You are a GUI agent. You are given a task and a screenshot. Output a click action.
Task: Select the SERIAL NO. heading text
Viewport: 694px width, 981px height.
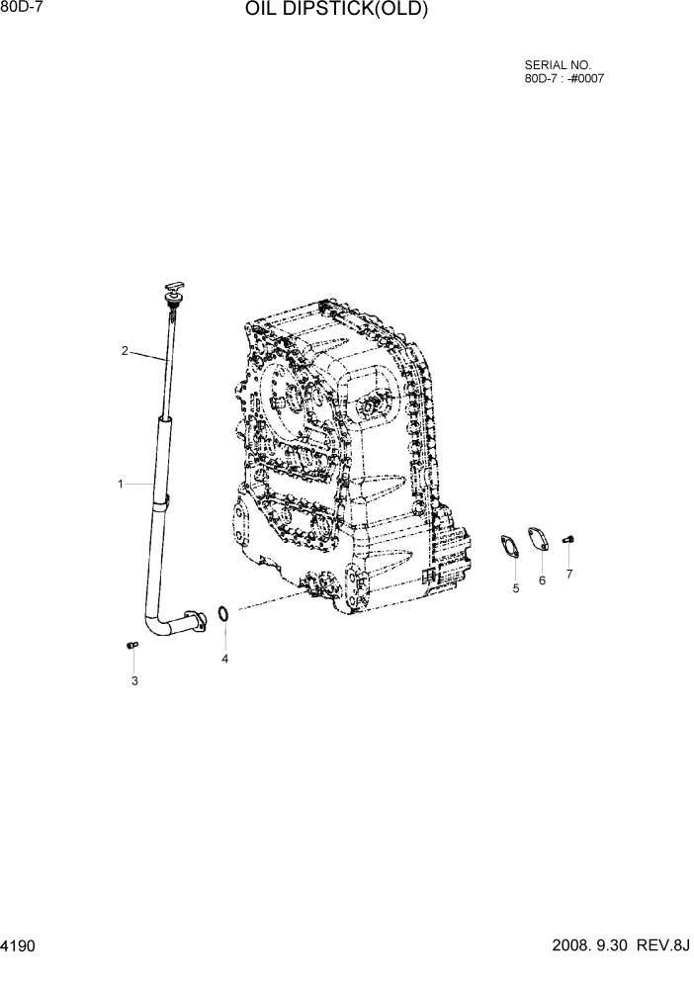(x=558, y=65)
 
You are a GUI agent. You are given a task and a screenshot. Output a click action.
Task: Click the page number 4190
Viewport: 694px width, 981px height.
(x=19, y=946)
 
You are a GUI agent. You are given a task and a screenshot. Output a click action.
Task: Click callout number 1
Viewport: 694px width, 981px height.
(x=121, y=484)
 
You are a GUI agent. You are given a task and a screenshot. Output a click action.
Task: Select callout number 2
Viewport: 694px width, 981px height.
(x=126, y=350)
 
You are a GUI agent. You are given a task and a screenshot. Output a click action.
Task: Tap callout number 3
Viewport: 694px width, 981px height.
(x=134, y=680)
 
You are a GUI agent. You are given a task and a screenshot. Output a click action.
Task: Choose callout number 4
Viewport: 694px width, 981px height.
(x=224, y=659)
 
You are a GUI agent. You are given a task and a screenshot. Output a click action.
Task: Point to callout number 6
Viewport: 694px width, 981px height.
(x=542, y=580)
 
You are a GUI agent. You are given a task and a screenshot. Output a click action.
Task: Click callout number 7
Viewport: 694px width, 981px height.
(x=568, y=574)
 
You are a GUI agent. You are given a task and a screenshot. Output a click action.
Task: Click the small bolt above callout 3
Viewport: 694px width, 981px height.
(x=132, y=645)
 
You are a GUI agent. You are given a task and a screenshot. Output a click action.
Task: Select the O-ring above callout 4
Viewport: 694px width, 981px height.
(x=224, y=616)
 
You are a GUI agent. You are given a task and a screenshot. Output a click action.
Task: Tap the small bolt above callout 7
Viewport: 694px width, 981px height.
(x=568, y=538)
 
